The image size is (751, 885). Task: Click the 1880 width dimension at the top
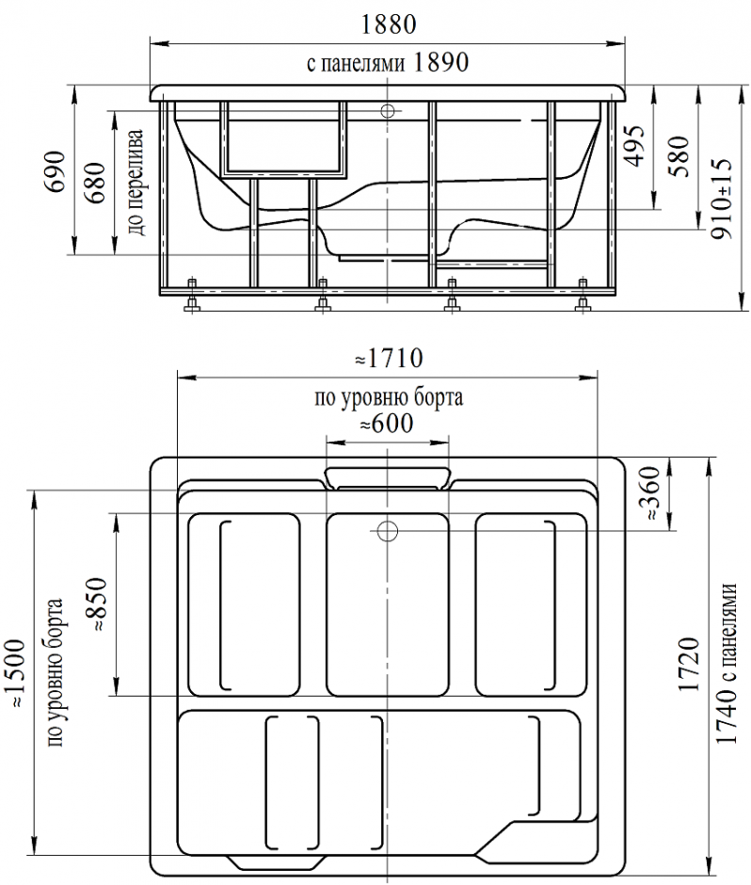click(x=388, y=24)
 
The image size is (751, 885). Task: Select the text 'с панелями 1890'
click(x=388, y=62)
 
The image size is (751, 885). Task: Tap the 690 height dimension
click(x=56, y=171)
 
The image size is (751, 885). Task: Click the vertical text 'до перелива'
click(x=136, y=183)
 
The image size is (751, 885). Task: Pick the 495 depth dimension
click(x=636, y=146)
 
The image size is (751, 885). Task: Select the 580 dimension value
click(x=679, y=156)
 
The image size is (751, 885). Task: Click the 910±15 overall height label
click(x=722, y=197)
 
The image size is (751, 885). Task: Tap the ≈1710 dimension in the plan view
click(x=389, y=358)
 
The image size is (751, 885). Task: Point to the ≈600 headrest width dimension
click(x=387, y=424)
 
